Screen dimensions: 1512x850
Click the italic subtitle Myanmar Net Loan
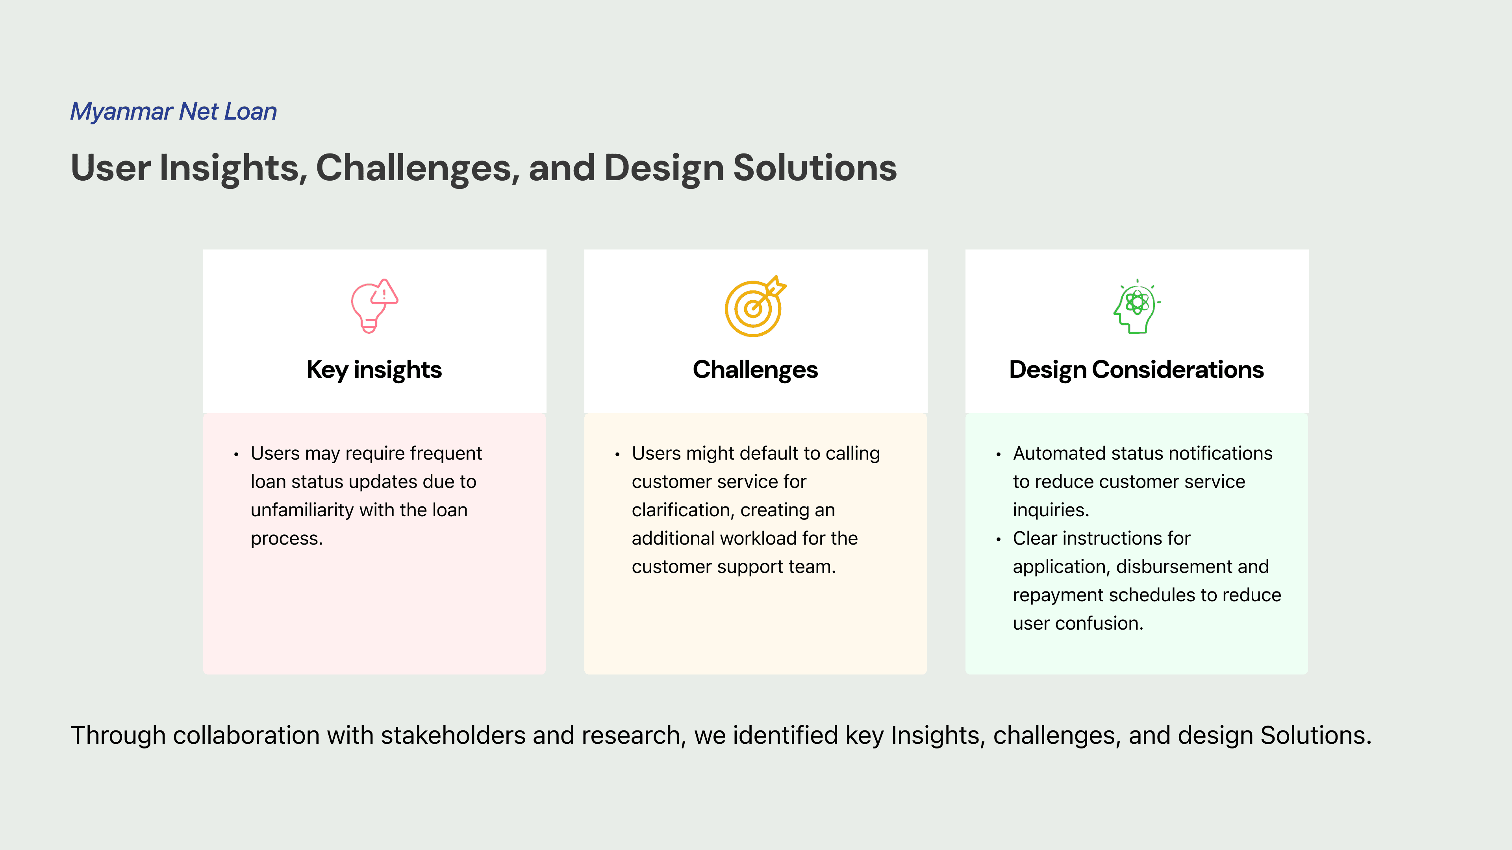[x=174, y=111]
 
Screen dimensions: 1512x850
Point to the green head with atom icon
[x=1137, y=306]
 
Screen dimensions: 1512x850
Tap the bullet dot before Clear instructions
[x=999, y=540]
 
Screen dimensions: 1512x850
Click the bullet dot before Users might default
[x=617, y=455]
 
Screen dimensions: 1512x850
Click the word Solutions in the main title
[x=815, y=168]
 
